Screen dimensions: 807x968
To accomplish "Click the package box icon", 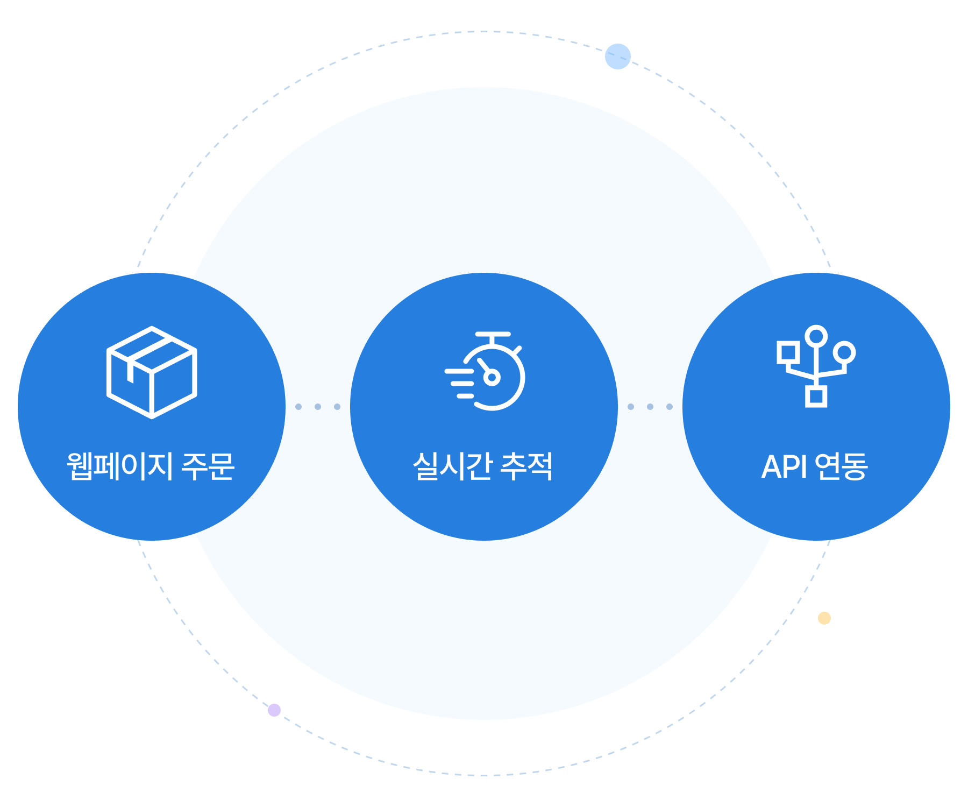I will [x=152, y=372].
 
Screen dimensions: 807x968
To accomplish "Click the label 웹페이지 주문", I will [x=151, y=466].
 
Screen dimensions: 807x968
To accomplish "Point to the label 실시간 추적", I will [x=483, y=466].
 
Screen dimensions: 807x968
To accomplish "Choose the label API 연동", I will [x=815, y=466].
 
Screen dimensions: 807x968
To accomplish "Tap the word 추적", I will [x=526, y=466].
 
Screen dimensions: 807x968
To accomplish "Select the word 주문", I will [x=208, y=466].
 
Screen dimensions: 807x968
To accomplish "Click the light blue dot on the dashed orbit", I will [x=617, y=56].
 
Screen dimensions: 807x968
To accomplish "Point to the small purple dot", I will [x=274, y=710].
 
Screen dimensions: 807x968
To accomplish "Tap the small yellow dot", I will [x=824, y=618].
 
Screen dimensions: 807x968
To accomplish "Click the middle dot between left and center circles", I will [x=318, y=407].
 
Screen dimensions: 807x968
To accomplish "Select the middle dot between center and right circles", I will [x=650, y=407].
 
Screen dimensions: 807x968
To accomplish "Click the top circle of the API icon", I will [x=816, y=336].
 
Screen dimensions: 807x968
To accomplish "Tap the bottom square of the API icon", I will [x=816, y=397].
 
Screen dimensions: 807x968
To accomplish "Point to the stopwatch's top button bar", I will [x=493, y=335].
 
